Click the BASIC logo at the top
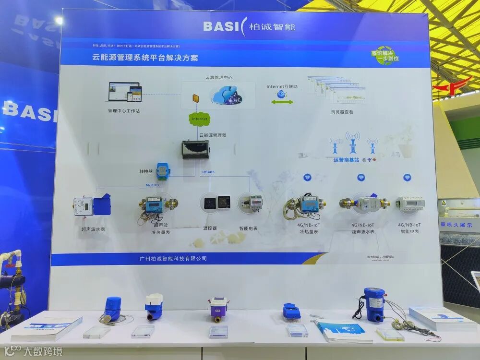click(x=249, y=26)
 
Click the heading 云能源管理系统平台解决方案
click(x=145, y=58)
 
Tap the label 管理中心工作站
click(x=124, y=111)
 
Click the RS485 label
click(x=208, y=172)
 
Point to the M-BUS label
click(x=152, y=184)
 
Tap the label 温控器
click(x=211, y=228)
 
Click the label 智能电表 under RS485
click(x=248, y=228)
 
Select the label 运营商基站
click(x=346, y=160)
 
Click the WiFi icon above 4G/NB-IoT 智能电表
click(x=407, y=178)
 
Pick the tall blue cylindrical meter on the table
click(x=373, y=303)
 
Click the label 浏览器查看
click(x=342, y=112)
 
